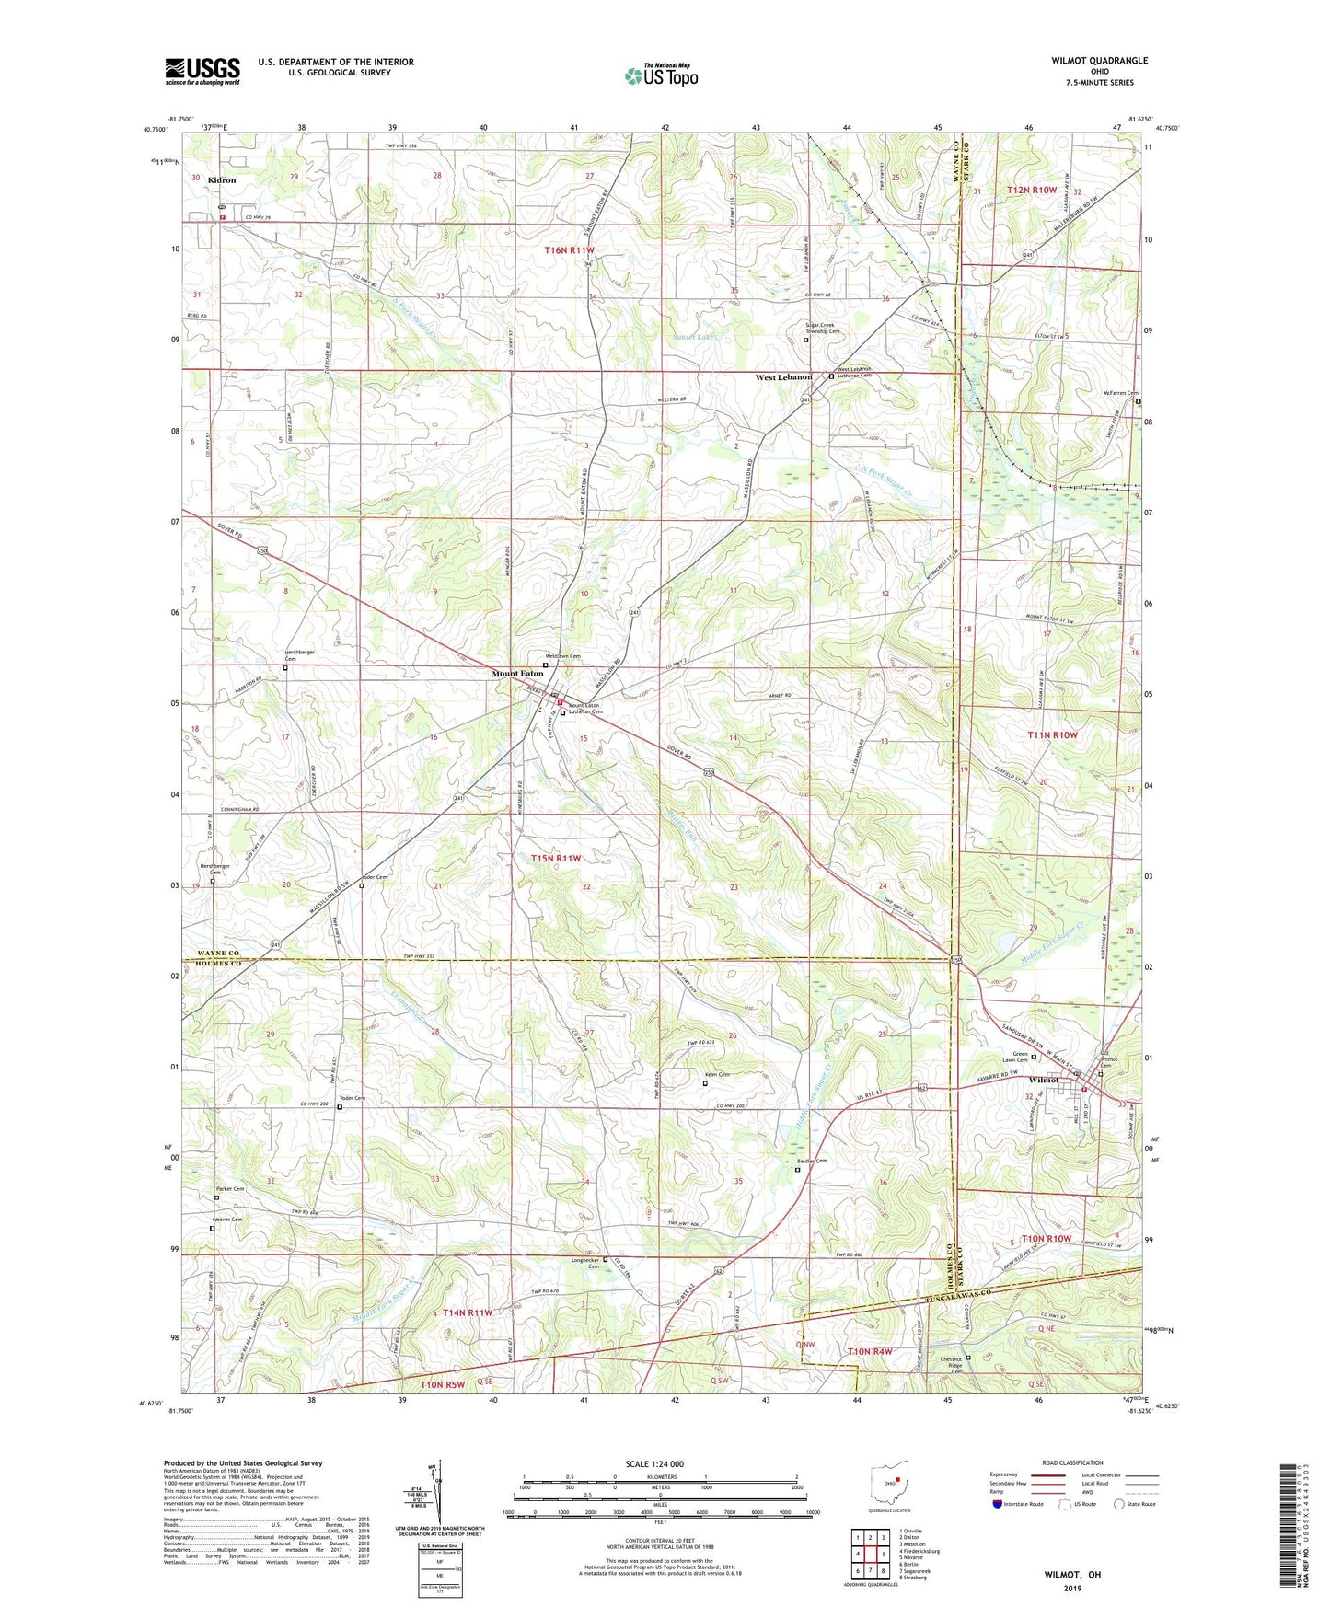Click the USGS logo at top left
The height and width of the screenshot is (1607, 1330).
tap(202, 71)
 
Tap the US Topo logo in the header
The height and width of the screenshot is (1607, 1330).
tap(661, 75)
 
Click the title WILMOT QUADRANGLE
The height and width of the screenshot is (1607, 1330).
tap(1099, 61)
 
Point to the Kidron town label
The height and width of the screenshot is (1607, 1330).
tap(221, 180)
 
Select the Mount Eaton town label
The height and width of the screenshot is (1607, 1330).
tap(517, 674)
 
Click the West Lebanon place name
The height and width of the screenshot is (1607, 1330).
tap(783, 377)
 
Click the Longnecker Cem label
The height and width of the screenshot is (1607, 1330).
tap(585, 1263)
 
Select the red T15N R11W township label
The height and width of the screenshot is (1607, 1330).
tap(556, 858)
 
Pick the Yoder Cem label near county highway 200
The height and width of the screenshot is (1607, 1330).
tap(353, 1099)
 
